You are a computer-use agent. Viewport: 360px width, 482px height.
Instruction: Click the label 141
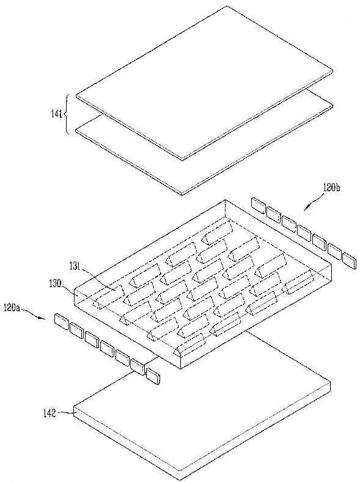pos(56,114)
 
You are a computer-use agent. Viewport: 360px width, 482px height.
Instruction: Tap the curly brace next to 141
pos(65,114)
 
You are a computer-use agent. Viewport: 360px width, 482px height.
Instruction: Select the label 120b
pos(331,188)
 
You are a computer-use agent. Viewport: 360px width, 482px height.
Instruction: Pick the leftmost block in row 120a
pos(62,321)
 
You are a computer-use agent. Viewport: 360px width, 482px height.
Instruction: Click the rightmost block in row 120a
pos(153,376)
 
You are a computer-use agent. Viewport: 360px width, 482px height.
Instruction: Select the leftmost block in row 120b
pos(259,206)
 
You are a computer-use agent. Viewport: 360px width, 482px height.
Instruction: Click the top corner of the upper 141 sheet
pos(227,5)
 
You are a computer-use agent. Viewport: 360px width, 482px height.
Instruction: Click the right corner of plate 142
pos(330,382)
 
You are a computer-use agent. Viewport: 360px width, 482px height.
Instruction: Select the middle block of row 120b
pos(304,233)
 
